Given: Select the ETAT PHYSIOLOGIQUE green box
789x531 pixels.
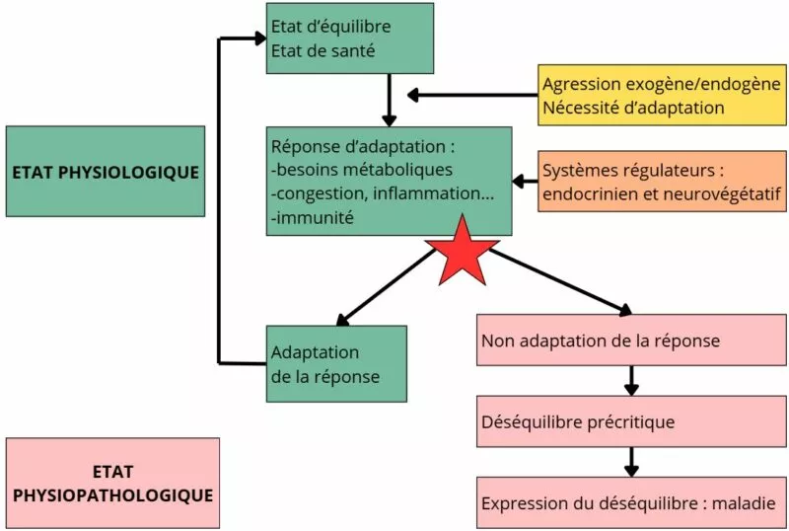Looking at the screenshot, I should click(x=106, y=171).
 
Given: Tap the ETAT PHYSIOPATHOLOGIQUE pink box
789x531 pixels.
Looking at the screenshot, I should click(x=112, y=483).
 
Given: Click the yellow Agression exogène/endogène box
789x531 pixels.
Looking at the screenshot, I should click(x=662, y=95).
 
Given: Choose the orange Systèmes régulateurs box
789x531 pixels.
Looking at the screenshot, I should click(x=662, y=183).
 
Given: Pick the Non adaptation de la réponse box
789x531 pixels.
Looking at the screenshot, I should click(x=631, y=341).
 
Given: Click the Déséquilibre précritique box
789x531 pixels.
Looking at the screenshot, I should click(x=631, y=421).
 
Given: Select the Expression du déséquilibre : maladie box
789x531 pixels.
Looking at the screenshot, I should click(x=631, y=502).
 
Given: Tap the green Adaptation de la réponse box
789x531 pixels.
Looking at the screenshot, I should click(x=335, y=364).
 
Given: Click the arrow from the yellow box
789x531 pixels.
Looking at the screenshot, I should click(x=473, y=95).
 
